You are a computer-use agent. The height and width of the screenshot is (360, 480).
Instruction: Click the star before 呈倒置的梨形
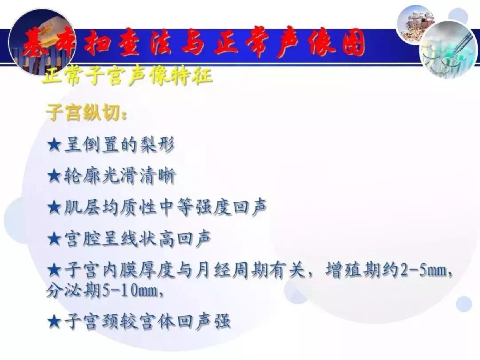pos(54,145)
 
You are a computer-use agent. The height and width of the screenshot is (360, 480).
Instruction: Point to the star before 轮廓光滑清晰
pos(54,176)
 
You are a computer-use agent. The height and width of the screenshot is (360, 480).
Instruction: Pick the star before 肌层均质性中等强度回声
pos(54,208)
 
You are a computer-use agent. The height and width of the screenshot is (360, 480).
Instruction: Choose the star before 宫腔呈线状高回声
pos(54,239)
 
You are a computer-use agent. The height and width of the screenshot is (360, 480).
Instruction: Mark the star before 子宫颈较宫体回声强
pos(54,321)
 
